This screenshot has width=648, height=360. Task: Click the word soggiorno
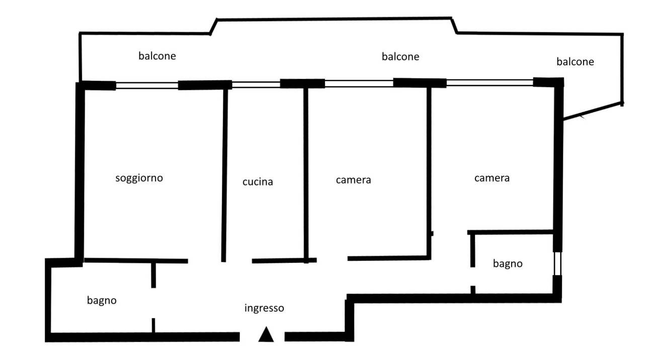tap(139, 178)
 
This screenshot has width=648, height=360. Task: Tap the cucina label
tap(258, 182)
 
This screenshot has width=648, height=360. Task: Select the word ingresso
tap(264, 308)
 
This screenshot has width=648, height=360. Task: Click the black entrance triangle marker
tap(266, 334)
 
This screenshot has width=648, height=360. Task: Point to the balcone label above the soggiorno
tap(157, 56)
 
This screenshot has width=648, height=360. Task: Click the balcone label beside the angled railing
tap(575, 61)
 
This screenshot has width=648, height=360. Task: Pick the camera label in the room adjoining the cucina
tap(353, 180)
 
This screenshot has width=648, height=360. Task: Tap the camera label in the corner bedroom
tap(492, 178)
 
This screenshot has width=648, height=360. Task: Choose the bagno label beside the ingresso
tap(102, 301)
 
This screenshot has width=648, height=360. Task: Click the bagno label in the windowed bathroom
tap(508, 263)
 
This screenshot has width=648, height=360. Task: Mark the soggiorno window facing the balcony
tap(147, 85)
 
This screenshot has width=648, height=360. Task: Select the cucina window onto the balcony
tap(256, 84)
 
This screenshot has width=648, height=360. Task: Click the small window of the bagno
tap(557, 263)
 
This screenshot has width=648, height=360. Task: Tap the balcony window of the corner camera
tap(490, 82)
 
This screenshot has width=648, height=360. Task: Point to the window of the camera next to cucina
tap(359, 83)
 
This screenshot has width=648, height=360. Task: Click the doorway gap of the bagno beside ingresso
tap(153, 303)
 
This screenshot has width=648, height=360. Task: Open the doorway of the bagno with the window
tap(473, 277)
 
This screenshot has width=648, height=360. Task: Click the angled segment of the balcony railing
tap(593, 111)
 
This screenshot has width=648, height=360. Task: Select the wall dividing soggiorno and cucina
tap(224, 175)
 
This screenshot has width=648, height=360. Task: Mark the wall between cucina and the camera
tap(306, 175)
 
